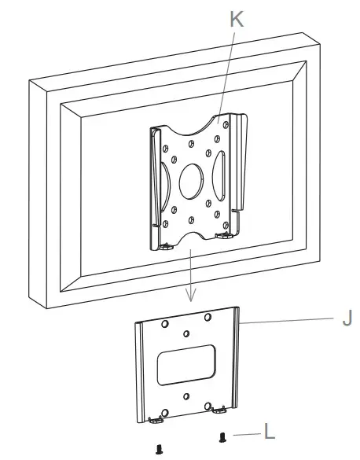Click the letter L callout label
[x=269, y=432]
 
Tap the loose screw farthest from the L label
[x=160, y=447]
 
